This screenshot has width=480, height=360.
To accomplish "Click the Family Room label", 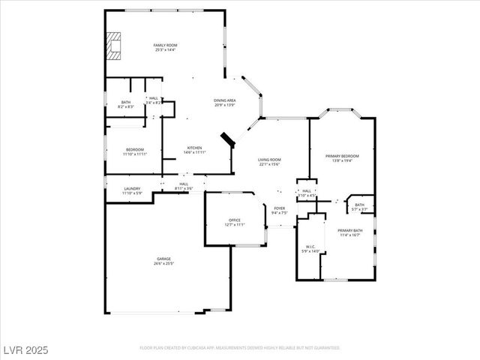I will (164, 46).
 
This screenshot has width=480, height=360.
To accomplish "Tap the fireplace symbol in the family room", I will (113, 46).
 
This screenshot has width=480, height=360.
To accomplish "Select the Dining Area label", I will (225, 100).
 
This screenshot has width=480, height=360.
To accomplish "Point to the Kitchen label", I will (195, 147).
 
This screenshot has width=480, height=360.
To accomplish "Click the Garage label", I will (163, 259).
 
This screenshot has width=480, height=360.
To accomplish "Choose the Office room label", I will (235, 220).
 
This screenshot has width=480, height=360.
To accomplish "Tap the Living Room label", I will (269, 159).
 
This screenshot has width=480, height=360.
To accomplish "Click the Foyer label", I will (279, 208).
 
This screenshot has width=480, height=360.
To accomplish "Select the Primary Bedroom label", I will (342, 155).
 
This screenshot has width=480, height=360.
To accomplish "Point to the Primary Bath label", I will (350, 230).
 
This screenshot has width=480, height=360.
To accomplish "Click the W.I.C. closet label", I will (311, 247).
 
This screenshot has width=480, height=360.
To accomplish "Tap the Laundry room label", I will (132, 188).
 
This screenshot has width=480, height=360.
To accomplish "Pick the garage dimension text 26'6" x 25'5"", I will (163, 263).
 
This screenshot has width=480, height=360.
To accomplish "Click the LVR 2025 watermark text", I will (25, 349).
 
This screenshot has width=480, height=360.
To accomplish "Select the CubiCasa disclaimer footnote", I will (240, 348).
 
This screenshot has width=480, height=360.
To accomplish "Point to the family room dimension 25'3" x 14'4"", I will (164, 50).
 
